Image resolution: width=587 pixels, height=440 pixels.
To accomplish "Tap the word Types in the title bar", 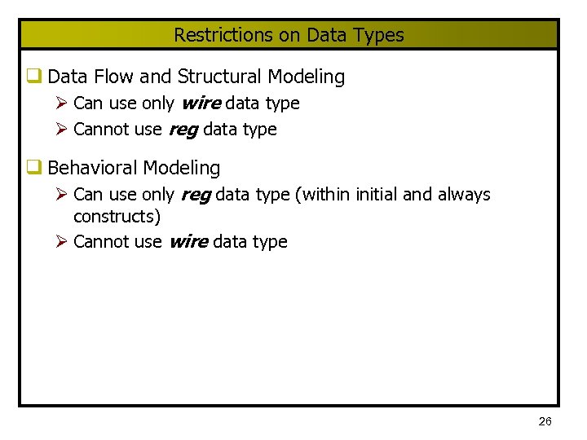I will tap(378, 35).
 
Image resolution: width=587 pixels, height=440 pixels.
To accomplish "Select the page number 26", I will tap(545, 421).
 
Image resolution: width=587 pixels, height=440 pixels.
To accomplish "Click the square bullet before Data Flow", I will tap(33, 77).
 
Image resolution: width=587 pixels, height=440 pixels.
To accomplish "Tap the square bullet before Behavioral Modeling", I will tap(33, 168).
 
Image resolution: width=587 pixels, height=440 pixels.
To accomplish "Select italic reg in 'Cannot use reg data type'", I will tap(183, 130).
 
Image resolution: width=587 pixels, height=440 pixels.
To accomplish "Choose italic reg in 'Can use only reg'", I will tap(194, 195).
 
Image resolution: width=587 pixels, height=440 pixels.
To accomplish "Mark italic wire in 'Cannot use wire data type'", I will tap(188, 242).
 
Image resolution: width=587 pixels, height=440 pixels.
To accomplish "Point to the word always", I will tap(464, 195).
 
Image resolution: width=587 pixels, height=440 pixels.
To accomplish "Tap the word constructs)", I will tap(117, 217).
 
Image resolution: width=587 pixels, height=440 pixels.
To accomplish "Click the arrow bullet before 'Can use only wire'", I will tap(63, 103).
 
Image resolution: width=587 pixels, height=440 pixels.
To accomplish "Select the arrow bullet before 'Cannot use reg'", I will tap(63, 130).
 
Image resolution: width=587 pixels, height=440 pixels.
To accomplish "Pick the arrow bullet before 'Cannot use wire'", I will tap(63, 242).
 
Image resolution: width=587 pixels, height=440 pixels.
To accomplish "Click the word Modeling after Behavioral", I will tap(183, 168).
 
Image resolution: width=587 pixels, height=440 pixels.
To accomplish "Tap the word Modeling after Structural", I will tap(307, 77).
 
